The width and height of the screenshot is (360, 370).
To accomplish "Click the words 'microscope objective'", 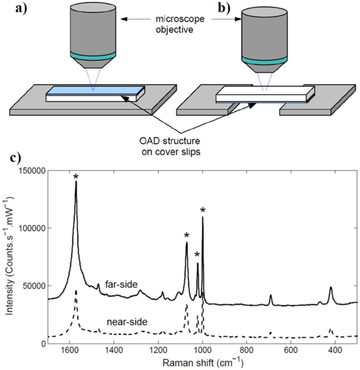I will [x=180, y=24].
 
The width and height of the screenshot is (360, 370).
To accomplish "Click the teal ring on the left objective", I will [x=93, y=55].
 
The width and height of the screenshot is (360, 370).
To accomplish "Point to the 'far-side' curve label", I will [x=121, y=284].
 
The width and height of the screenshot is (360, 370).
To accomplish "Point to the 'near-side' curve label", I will [x=127, y=322].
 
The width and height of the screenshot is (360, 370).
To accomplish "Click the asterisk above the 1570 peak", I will [x=76, y=176].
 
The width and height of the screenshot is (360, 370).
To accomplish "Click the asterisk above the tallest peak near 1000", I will [x=203, y=210].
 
